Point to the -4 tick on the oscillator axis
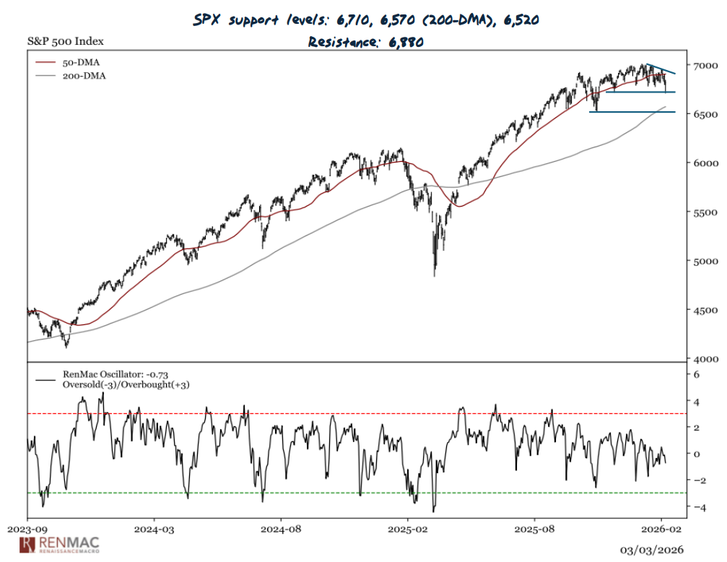[x=697, y=507]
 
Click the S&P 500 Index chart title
[x=64, y=40]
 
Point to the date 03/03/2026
[x=651, y=549]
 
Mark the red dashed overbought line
[x=361, y=414]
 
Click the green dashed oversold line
[x=361, y=493]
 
